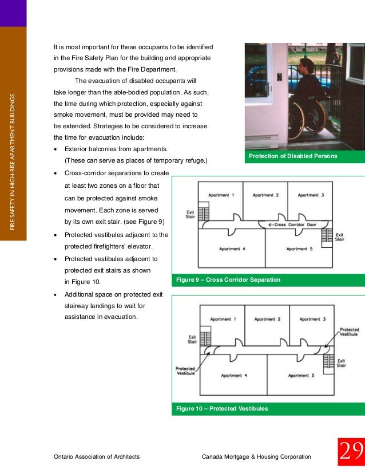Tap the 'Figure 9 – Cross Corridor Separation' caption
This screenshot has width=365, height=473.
pyautogui.click(x=228, y=280)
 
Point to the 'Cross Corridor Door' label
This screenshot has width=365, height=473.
pyautogui.click(x=292, y=224)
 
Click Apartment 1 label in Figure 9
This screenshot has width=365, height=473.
pyautogui.click(x=220, y=195)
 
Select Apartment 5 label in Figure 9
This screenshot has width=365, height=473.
pyautogui.click(x=299, y=249)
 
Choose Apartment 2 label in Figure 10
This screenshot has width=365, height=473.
pyautogui.click(x=267, y=319)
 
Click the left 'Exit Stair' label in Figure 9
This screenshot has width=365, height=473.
pyautogui.click(x=191, y=214)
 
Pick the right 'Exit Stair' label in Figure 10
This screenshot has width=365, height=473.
pyautogui.click(x=341, y=362)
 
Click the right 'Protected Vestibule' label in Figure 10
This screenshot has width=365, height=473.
pyautogui.click(x=349, y=332)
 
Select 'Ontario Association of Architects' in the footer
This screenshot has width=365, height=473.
pyautogui.click(x=96, y=456)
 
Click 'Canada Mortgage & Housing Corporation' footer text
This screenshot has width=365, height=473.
pyautogui.click(x=257, y=456)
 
